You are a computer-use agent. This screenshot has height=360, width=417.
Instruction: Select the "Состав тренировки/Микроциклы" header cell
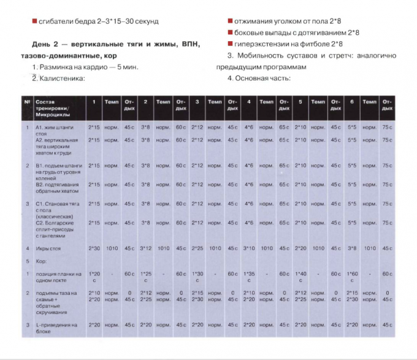coord(56,106)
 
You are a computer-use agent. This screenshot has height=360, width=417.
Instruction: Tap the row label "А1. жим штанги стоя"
coord(55,130)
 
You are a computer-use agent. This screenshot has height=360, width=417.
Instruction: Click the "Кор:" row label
coord(42,261)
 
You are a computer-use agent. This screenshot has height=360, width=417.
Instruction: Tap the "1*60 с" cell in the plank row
coord(351,277)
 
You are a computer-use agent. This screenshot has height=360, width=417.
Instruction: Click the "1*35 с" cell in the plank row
coord(248,277)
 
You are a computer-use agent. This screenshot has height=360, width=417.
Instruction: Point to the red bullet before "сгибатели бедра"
coord(34,21)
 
